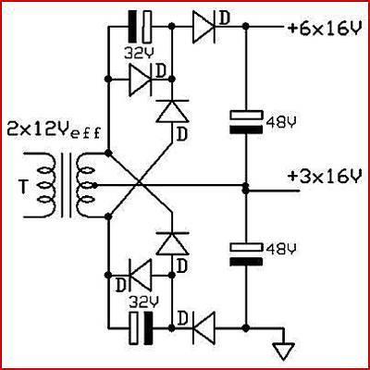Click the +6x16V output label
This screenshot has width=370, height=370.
point(324,29)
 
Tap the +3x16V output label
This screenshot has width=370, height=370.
point(324,177)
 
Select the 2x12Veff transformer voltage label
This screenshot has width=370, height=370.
point(54,131)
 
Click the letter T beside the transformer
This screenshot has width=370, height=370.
point(23,187)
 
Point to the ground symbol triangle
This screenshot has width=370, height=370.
point(284,351)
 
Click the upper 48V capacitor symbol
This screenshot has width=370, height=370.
point(246,122)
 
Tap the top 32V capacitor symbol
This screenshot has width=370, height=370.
point(140,26)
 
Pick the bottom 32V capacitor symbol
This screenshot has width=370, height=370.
point(142,328)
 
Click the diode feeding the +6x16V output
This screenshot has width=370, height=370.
point(203,27)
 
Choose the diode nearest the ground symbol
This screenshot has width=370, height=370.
point(203,328)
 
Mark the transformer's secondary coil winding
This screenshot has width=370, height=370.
point(85,185)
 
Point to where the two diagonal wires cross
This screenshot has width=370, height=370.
point(139,185)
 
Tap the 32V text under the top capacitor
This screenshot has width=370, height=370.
point(138,53)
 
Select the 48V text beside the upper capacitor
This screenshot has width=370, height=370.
point(280,122)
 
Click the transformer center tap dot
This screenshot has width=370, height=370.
point(95,185)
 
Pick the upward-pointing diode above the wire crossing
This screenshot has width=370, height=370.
point(172,111)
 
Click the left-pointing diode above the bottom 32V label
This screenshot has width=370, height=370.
point(141,275)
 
